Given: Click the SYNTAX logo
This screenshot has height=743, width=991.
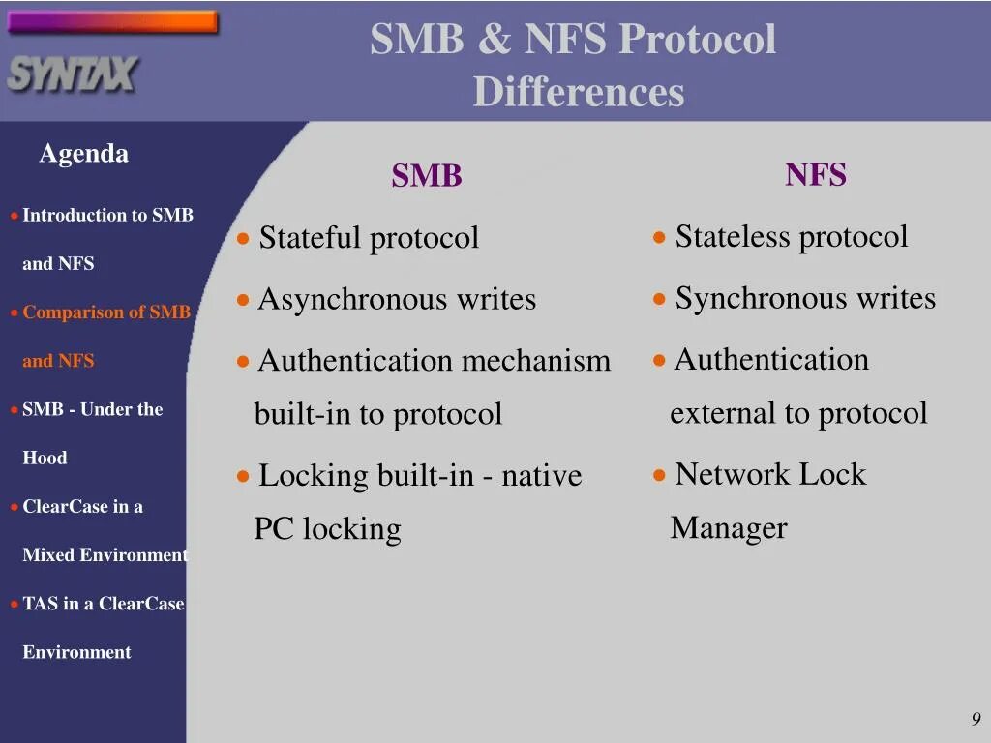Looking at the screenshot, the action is point(73,74).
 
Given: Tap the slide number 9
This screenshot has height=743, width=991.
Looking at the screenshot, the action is point(976,718).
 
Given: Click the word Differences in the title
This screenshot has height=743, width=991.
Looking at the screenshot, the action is point(579,93).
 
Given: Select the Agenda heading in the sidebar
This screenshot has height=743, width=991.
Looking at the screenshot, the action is point(83,154).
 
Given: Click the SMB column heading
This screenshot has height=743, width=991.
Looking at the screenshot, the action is point(427,176).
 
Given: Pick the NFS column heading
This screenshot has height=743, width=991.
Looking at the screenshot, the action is point(816,175).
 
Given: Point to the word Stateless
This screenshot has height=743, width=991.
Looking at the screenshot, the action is point(732,237).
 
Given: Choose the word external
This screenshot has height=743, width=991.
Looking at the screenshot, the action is point(722,414).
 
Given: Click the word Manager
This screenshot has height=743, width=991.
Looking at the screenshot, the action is point(728,528).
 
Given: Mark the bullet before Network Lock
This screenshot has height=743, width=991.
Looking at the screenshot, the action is point(659,475).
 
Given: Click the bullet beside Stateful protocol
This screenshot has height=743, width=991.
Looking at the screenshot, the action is point(244,238).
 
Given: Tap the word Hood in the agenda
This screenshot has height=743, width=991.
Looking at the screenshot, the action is point(45,459).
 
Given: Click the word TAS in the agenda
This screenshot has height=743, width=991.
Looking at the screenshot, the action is point(40,604).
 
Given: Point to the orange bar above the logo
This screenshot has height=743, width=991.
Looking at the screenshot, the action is point(112,22).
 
